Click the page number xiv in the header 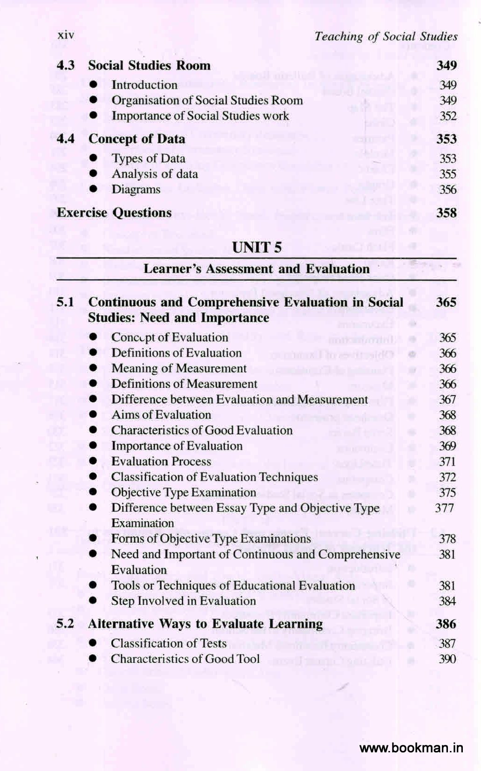coord(66,35)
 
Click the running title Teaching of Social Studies coord(386,36)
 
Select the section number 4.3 coord(66,65)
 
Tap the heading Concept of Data coord(136,139)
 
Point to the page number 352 coord(447,116)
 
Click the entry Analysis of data coord(155,174)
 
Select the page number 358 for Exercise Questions coord(446,213)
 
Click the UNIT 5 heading coord(257,247)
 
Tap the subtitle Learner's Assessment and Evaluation coord(257,269)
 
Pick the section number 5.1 coord(65,302)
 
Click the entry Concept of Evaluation coord(169,337)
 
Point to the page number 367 coord(447,399)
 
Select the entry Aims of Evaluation coord(161,415)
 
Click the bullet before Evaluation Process coord(94,461)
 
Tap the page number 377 coord(444,508)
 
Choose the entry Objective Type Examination coord(183,493)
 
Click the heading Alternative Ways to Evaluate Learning coord(205,624)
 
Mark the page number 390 coord(447,659)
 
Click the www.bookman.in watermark coord(412,749)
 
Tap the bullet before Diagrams coord(94,189)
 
